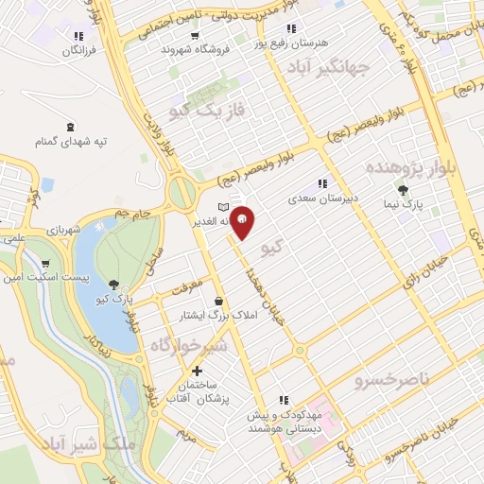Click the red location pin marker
click(243, 221)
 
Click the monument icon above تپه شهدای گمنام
click(71, 126)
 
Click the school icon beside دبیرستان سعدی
click(322, 183)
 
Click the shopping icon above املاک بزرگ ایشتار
click(217, 301)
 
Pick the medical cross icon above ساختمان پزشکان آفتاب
click(197, 371)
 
